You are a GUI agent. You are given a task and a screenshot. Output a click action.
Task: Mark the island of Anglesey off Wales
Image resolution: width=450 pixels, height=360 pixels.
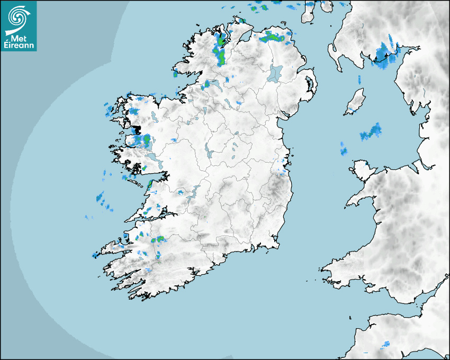pyautogui.click(x=363, y=168)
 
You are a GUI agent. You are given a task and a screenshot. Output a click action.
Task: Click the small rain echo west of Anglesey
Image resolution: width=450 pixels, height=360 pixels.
pyautogui.click(x=344, y=149)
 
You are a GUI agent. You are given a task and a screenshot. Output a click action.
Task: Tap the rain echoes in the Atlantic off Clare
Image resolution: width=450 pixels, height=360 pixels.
pyautogui.click(x=102, y=200)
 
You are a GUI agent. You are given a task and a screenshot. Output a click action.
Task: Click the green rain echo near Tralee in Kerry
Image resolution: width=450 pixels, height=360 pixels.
pyautogui.click(x=157, y=240)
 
